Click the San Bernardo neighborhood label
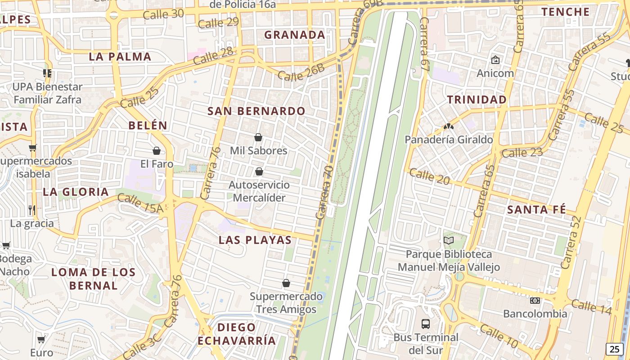tap(256, 111)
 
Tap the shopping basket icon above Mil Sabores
tap(258, 137)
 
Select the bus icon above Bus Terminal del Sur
tap(425, 324)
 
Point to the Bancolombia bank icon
tap(535, 300)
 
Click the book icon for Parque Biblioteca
tap(449, 241)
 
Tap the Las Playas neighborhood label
tap(255, 240)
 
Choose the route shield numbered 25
tap(614, 349)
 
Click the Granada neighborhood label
tap(294, 35)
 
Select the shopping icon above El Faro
tap(157, 151)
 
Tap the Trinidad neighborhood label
tap(477, 100)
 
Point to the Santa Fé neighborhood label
tap(536, 210)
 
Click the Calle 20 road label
tap(429, 176)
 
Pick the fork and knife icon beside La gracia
tap(32, 210)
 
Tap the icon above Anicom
tap(495, 59)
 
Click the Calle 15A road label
tap(140, 203)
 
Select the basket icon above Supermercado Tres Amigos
tap(286, 283)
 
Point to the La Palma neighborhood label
tap(120, 57)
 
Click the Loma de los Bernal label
tap(93, 279)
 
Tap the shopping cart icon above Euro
tap(41, 339)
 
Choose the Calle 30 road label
tap(163, 14)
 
